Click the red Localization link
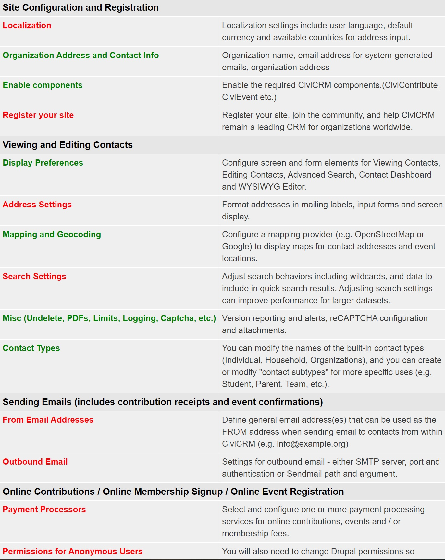pos(27,26)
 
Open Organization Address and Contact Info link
pos(81,56)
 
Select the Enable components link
pos(43,85)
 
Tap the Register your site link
pos(38,115)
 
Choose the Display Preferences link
pos(43,163)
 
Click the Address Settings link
pos(37,205)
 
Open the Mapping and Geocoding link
pos(52,235)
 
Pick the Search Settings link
pos(34,277)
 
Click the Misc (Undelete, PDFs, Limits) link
pos(109,318)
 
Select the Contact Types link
pos(31,348)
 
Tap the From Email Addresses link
pos(48,420)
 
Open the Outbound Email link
pos(35,462)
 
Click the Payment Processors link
pos(44,510)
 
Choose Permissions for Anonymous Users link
pos(73,552)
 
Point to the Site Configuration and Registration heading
pos(81,8)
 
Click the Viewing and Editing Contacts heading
pos(68,145)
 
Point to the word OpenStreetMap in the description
pos(385,235)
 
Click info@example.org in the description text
pos(312,444)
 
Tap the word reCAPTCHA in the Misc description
pos(353,318)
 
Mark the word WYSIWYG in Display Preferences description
pos(259,187)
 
